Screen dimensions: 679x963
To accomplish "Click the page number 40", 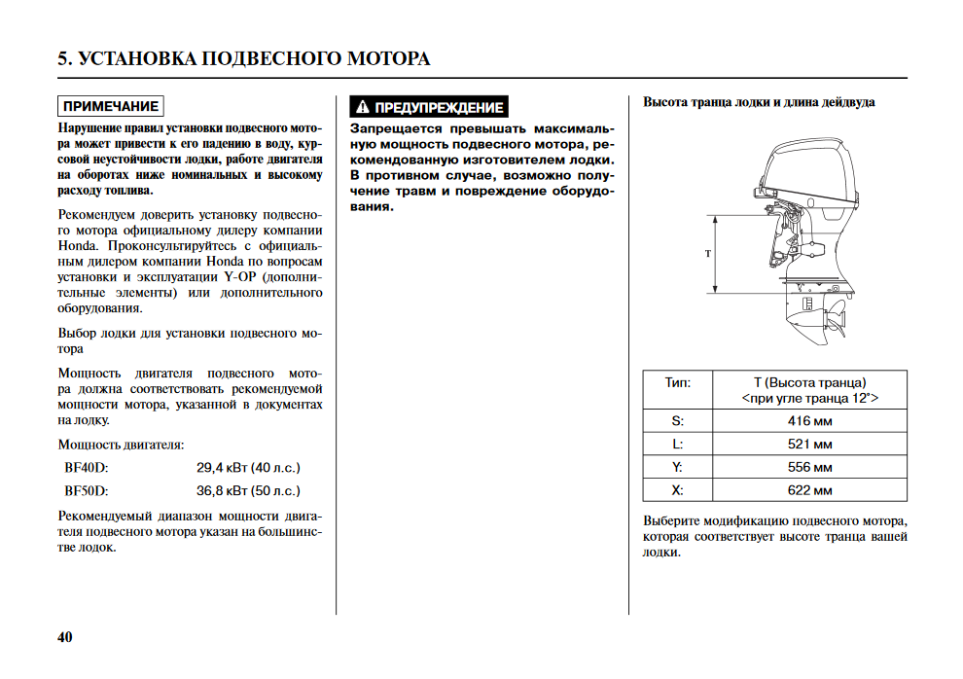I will click(x=65, y=638).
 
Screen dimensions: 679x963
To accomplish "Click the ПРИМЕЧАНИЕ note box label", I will click(x=110, y=106).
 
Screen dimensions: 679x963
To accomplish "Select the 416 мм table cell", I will click(x=809, y=421).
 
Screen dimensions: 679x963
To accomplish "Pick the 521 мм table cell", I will click(x=809, y=445).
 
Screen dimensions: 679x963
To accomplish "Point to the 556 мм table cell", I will click(x=809, y=468).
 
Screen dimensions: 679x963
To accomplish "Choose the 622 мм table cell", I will click(x=809, y=491).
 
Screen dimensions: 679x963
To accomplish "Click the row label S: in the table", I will click(x=677, y=421).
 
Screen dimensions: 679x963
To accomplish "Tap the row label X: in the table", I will click(x=677, y=491).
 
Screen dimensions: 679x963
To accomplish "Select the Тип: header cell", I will click(x=677, y=382).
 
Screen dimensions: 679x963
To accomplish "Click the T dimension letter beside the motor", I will click(x=708, y=254).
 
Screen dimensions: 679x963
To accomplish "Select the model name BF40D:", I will click(x=87, y=468).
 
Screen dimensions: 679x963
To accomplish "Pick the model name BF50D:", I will click(x=87, y=491).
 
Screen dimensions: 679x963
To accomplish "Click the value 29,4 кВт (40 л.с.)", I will click(x=248, y=468).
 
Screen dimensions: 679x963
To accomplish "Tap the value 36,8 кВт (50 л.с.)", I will click(x=248, y=491).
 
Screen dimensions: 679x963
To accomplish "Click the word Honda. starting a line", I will click(x=78, y=246).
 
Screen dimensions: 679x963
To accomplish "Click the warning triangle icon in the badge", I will click(x=362, y=107).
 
